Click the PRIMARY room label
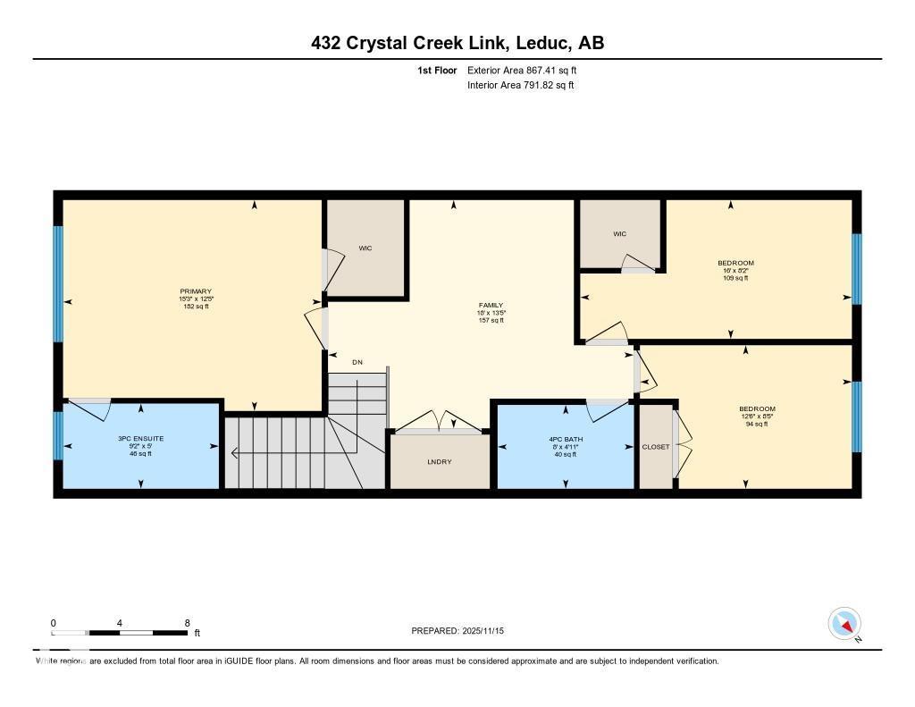coord(196,291)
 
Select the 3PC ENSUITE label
coord(140,439)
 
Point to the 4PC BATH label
coord(564,439)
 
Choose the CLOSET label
coord(655,447)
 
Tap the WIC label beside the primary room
coord(365,248)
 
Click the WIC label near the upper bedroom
coord(619,234)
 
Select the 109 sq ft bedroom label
coord(735,263)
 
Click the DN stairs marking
coord(357,362)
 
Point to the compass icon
coord(844,623)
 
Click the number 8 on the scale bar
coord(186,623)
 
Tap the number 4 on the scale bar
coord(119,623)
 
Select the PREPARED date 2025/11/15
coord(464,631)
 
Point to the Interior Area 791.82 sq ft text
coord(520,86)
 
